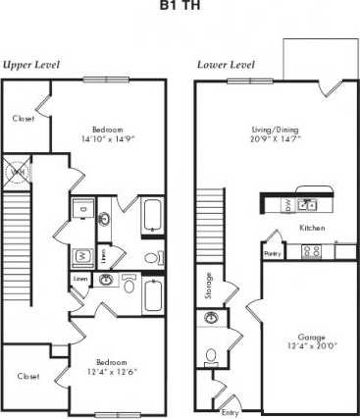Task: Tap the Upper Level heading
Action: [31, 65]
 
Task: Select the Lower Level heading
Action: [227, 65]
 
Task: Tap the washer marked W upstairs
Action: [81, 257]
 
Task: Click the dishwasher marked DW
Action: [285, 205]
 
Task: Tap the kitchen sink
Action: [307, 204]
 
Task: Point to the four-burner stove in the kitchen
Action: [315, 251]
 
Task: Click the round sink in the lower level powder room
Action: [210, 319]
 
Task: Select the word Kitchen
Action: [312, 228]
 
